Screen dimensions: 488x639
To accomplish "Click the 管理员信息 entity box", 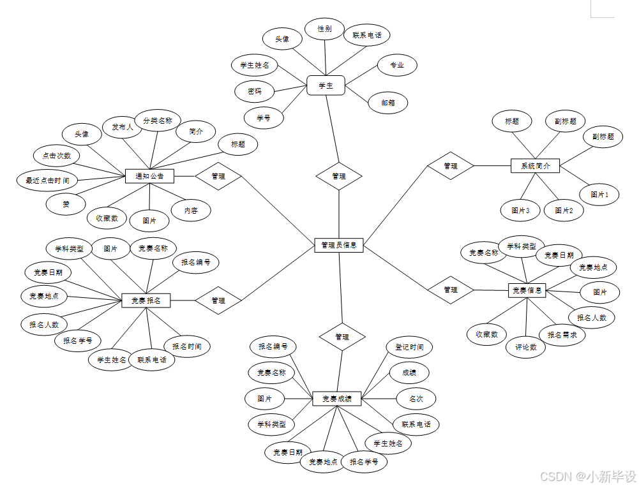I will tap(339, 245).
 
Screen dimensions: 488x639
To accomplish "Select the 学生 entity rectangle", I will tap(326, 85).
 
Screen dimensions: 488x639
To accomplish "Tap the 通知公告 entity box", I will tap(149, 176).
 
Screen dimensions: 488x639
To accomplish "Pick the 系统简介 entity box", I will tap(535, 166).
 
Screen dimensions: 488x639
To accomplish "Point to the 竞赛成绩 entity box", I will tap(337, 399).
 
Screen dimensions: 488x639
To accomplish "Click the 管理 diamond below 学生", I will tap(339, 176).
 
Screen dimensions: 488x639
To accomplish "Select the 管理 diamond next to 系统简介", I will tap(451, 166).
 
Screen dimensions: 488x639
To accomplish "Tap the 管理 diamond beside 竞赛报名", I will tap(218, 300).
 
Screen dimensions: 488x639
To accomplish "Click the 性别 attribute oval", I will tap(325, 29).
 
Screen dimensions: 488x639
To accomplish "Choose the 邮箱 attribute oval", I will tap(387, 102).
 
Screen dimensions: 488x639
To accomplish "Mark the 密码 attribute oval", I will tap(255, 91).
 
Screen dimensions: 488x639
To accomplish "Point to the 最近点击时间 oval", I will tap(47, 181).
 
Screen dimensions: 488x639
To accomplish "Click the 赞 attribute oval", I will tap(66, 203).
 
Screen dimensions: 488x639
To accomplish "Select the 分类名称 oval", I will tap(157, 120).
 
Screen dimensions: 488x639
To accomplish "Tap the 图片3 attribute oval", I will tap(520, 210).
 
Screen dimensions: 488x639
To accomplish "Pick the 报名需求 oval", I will tap(562, 334).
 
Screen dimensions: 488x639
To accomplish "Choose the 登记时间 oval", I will tap(409, 347).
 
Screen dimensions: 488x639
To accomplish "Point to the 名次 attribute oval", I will tap(416, 399).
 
